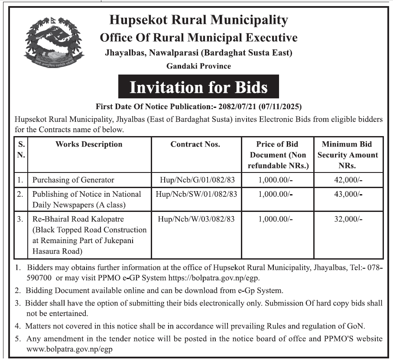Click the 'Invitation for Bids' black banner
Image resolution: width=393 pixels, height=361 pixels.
[199, 87]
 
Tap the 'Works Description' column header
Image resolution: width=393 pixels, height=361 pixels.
[89, 144]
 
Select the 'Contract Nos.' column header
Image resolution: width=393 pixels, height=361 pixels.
[195, 144]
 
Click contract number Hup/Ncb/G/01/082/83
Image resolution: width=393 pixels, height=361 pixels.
[196, 179]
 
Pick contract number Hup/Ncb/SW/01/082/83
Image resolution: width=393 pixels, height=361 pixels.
[196, 194]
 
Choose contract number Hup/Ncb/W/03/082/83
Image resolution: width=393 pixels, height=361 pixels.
[196, 219]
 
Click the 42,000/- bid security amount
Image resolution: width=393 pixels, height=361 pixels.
[348, 179]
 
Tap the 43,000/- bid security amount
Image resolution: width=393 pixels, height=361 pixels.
[348, 194]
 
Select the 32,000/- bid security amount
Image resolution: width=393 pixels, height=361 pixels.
[348, 219]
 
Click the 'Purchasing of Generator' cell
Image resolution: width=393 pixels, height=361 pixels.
[73, 179]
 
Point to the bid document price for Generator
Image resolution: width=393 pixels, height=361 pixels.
[276, 179]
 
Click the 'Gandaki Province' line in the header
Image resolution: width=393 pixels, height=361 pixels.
[198, 66]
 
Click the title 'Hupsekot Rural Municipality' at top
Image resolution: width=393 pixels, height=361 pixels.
[198, 20]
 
